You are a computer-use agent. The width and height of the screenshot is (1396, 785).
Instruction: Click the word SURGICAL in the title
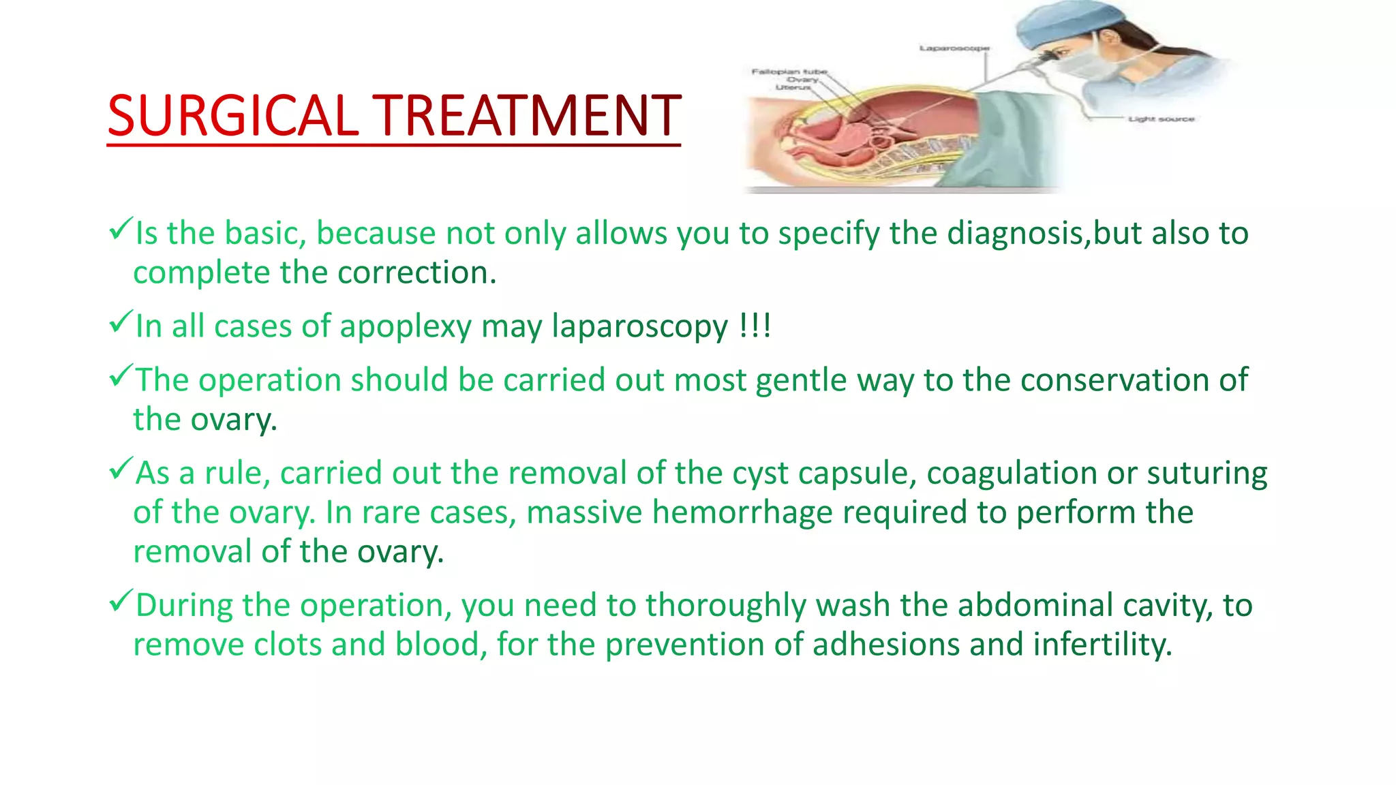click(x=232, y=116)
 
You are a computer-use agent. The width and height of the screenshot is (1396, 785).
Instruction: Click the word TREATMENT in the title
click(x=528, y=116)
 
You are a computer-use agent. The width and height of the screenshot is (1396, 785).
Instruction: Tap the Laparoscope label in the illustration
click(x=954, y=48)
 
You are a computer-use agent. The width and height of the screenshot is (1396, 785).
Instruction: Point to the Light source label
click(x=1161, y=119)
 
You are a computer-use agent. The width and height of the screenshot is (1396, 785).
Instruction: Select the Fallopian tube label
click(x=789, y=72)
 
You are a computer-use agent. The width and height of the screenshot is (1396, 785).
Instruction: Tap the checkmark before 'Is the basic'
click(x=120, y=229)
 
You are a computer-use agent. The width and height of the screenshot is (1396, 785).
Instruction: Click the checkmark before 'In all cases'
click(x=120, y=322)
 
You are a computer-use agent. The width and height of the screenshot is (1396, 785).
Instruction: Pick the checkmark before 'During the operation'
click(x=120, y=601)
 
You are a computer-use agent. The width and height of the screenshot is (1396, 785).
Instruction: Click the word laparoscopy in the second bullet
click(x=639, y=326)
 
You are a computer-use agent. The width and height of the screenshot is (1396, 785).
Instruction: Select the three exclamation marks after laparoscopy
click(x=755, y=326)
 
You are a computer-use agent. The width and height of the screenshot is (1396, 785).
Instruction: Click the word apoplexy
click(x=406, y=326)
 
